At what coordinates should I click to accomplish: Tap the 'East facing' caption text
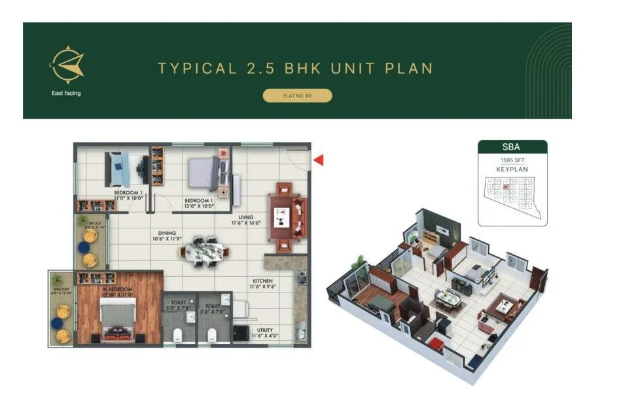coord(66,93)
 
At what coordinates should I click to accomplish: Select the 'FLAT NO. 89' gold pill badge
coord(297,96)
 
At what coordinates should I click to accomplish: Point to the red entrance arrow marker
coord(319,160)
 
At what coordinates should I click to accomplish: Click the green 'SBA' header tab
coord(512,147)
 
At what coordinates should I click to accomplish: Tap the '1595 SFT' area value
coord(512,160)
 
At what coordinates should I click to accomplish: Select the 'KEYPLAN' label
coord(512,169)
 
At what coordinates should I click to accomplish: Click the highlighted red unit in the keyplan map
coord(506,187)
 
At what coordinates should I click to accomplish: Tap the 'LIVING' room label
coord(246,217)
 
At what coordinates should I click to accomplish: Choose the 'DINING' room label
coord(167,233)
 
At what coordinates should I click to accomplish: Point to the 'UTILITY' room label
coord(265,330)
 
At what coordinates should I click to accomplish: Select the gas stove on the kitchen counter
coord(302,278)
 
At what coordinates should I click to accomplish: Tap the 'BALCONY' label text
coord(60,289)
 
